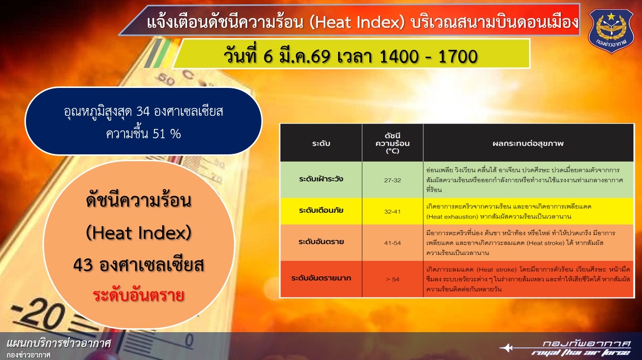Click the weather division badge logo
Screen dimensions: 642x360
click(611, 31)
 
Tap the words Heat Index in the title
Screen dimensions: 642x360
click(357, 22)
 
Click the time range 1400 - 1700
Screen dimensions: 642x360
click(428, 56)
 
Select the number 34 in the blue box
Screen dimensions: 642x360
click(143, 111)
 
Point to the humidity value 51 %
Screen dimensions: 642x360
click(167, 134)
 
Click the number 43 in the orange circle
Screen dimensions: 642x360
click(83, 265)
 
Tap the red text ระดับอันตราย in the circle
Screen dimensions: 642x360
click(138, 296)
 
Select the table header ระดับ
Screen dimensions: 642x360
click(321, 143)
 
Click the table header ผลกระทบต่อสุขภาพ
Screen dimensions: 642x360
click(528, 143)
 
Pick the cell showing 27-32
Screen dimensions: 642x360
click(392, 180)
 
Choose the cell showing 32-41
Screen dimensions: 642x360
click(392, 212)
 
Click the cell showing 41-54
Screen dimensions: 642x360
click(392, 243)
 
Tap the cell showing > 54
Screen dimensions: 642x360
click(392, 279)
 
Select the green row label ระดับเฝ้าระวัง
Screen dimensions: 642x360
click(321, 179)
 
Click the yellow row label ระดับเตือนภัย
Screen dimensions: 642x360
click(321, 211)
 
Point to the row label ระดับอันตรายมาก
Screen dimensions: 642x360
click(321, 278)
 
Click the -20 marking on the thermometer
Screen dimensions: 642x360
click(39, 315)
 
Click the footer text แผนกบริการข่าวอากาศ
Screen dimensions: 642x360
click(59, 343)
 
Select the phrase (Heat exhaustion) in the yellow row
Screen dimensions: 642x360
click(452, 217)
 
